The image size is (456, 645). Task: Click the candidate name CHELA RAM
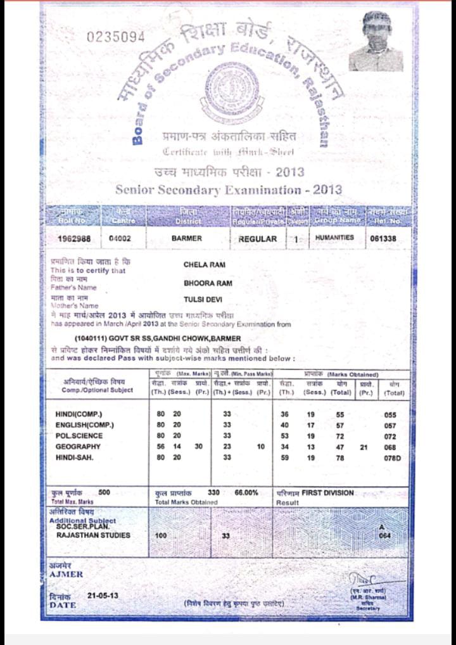click(205, 265)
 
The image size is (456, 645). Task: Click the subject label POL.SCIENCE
click(79, 436)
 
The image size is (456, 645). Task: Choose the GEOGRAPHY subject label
click(78, 447)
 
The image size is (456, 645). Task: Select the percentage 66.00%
click(246, 492)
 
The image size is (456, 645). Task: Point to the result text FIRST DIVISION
click(327, 492)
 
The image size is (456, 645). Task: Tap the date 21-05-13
click(103, 596)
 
